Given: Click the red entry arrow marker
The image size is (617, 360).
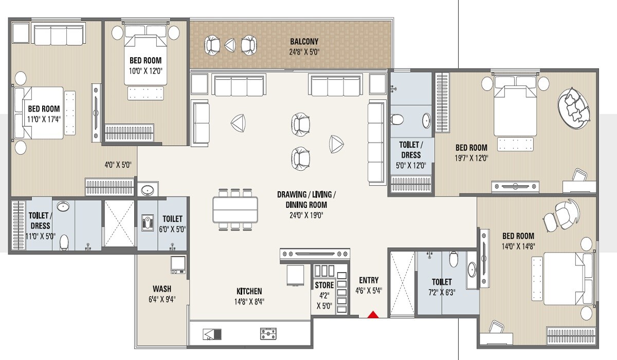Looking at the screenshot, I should [374, 315].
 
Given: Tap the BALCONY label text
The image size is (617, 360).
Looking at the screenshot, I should [304, 42].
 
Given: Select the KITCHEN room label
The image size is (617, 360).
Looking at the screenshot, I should [249, 291].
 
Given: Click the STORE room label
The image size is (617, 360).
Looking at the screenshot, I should [324, 285].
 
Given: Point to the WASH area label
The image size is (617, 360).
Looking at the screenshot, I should [162, 289].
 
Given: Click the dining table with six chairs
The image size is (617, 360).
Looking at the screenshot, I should [236, 209].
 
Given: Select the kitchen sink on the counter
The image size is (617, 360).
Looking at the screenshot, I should [213, 334].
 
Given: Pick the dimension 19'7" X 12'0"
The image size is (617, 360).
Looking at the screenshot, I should [471, 158].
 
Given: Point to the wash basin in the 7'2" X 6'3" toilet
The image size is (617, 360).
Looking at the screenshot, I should [471, 268].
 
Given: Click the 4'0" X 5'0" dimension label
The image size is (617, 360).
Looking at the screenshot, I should [119, 166].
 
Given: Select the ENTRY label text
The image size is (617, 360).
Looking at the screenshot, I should [369, 280].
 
